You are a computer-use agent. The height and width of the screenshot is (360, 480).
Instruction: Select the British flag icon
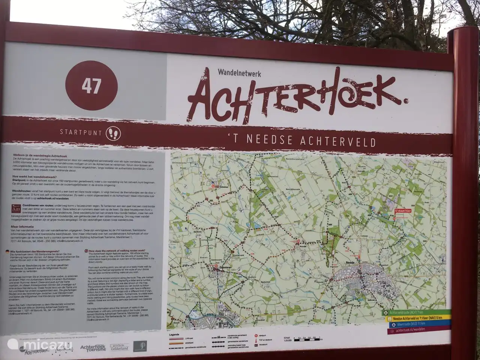point(85,251)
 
